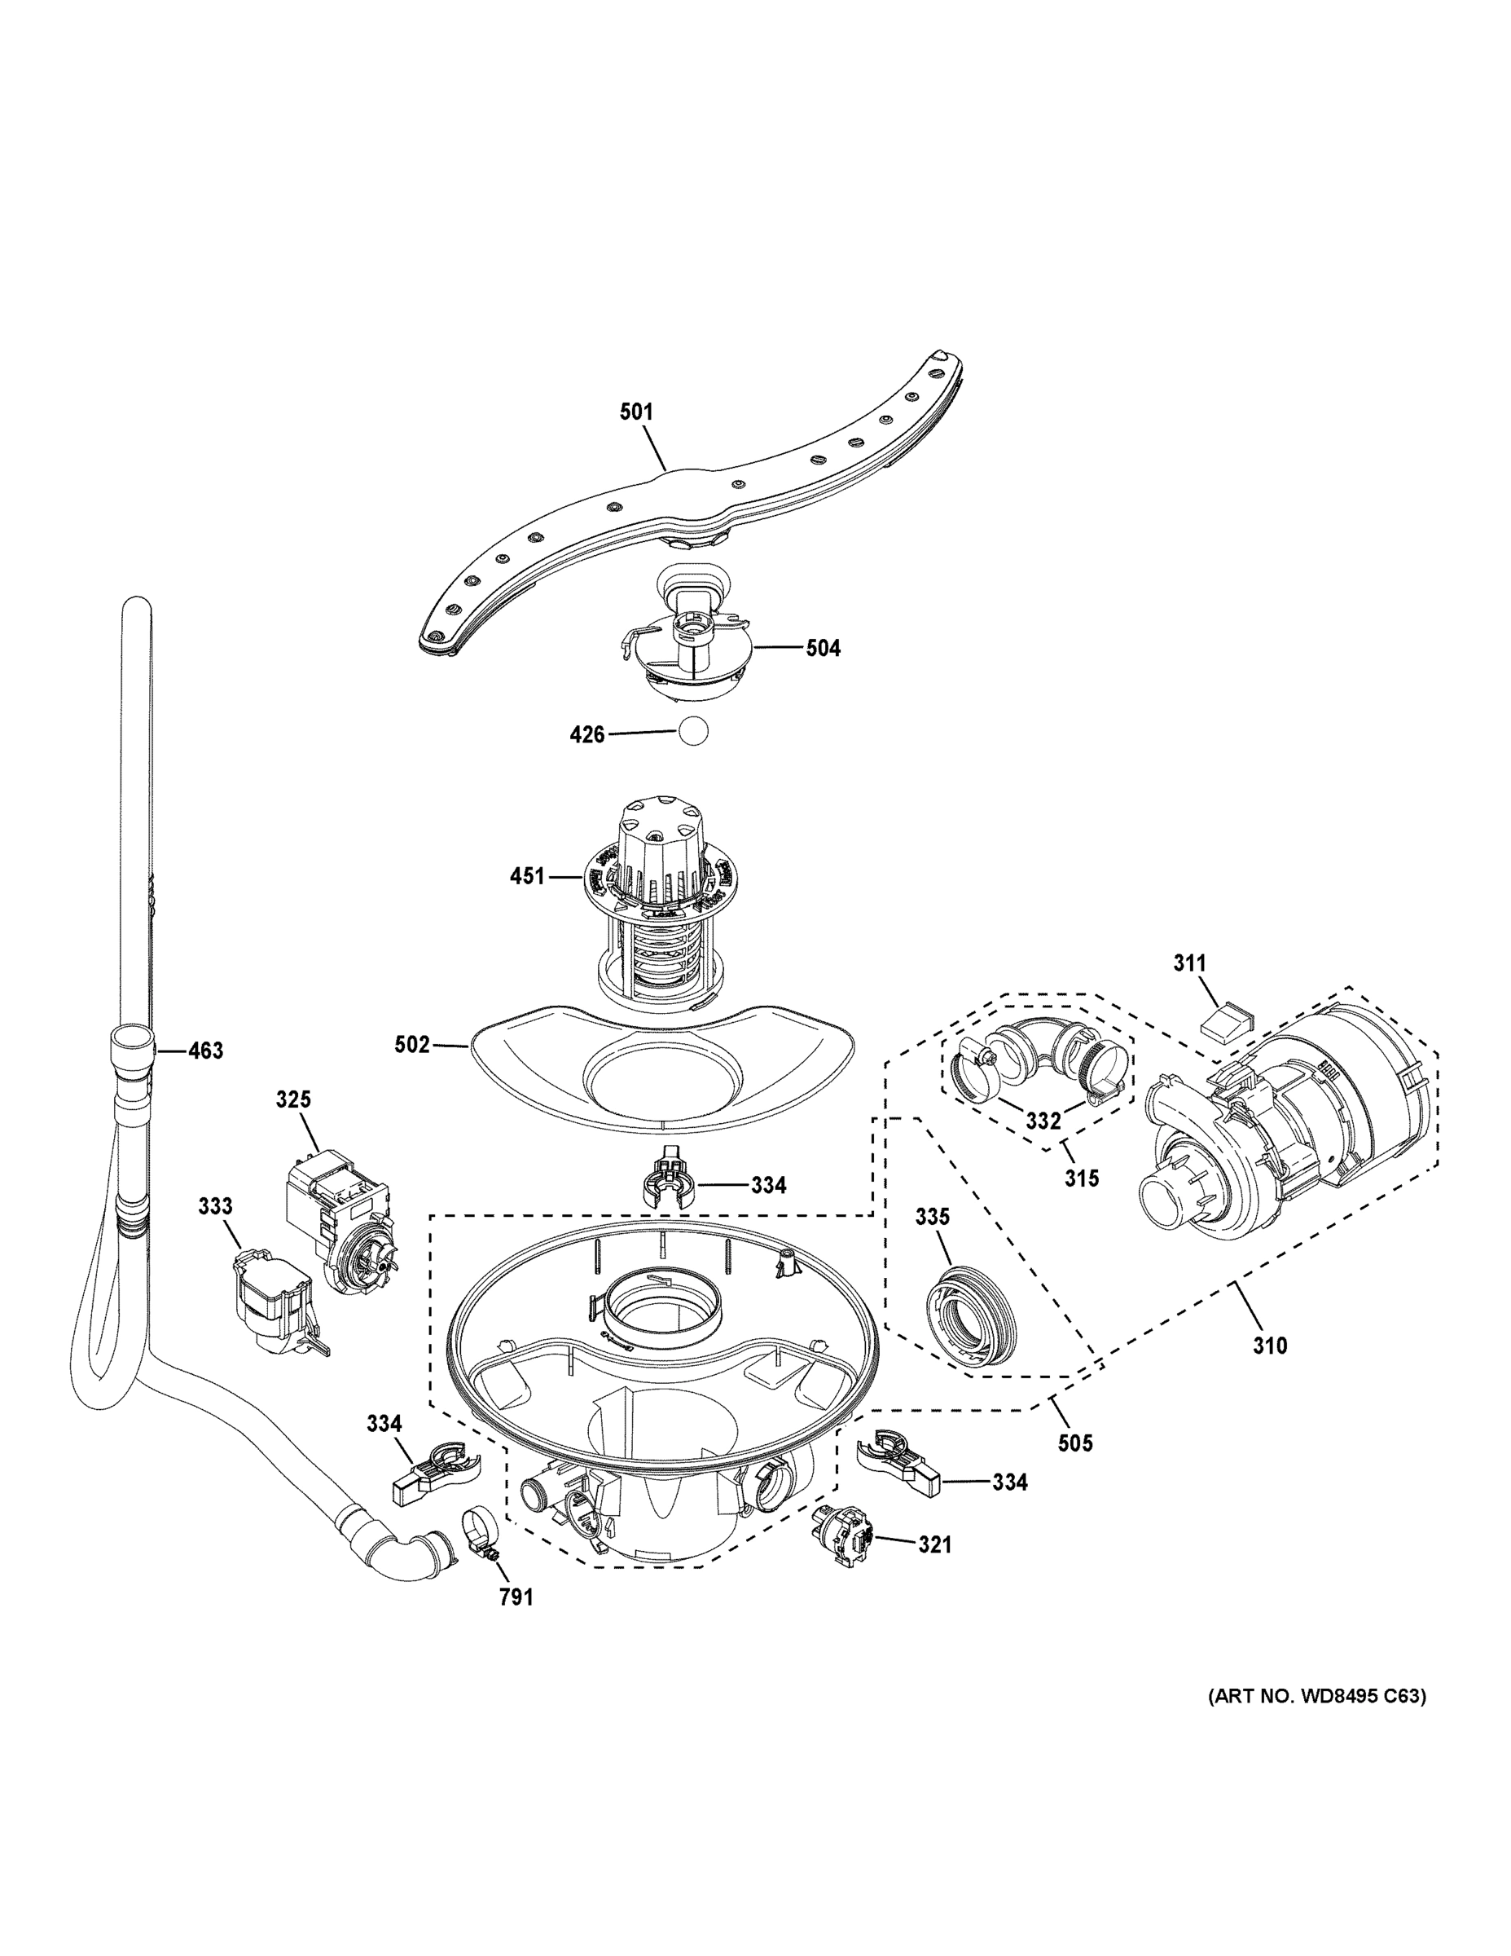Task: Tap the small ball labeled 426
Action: click(x=693, y=732)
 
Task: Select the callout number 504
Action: click(x=823, y=648)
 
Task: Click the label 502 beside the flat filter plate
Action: click(x=412, y=1044)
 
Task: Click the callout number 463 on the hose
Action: click(x=205, y=1051)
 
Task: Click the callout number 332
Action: click(x=1043, y=1121)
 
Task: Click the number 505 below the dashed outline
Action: click(x=1074, y=1443)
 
